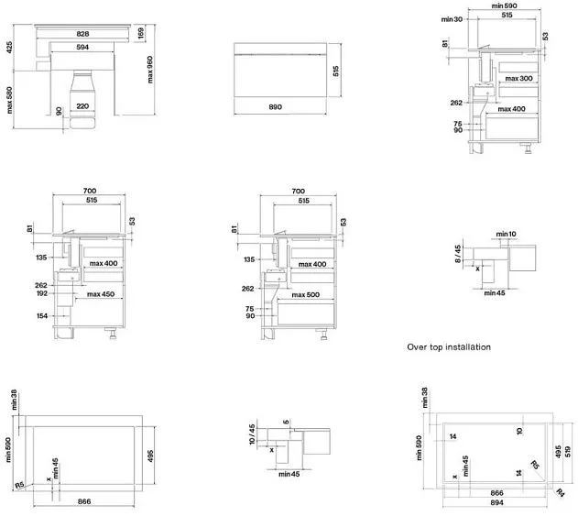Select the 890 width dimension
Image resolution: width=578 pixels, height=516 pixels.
[x=275, y=107]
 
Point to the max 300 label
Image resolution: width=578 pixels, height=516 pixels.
[x=518, y=79]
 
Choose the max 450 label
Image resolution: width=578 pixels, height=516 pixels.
[x=101, y=295]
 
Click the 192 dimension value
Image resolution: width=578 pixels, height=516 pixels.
[x=41, y=294]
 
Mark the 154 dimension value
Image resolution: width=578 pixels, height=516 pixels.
[x=41, y=315]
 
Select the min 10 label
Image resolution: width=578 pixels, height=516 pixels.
[x=506, y=236]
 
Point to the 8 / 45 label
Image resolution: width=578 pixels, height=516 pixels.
[x=459, y=252]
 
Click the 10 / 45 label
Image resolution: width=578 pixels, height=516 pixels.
[x=254, y=434]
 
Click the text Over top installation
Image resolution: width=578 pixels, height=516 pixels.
[x=449, y=347]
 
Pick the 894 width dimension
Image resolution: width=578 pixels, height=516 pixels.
[x=497, y=503]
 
